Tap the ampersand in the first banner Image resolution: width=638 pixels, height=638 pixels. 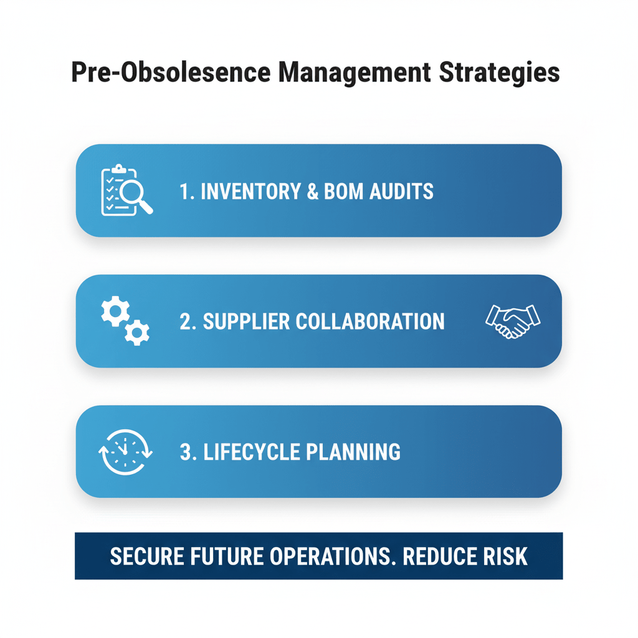[x=311, y=191]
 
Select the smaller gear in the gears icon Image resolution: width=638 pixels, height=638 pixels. [x=136, y=333]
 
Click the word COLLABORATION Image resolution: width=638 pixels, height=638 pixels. [x=369, y=321]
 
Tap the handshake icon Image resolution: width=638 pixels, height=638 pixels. [x=512, y=320]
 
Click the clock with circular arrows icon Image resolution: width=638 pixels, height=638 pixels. [x=125, y=452]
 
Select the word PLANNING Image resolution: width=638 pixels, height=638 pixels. [x=357, y=452]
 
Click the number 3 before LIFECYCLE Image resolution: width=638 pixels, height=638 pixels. [x=186, y=452]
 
